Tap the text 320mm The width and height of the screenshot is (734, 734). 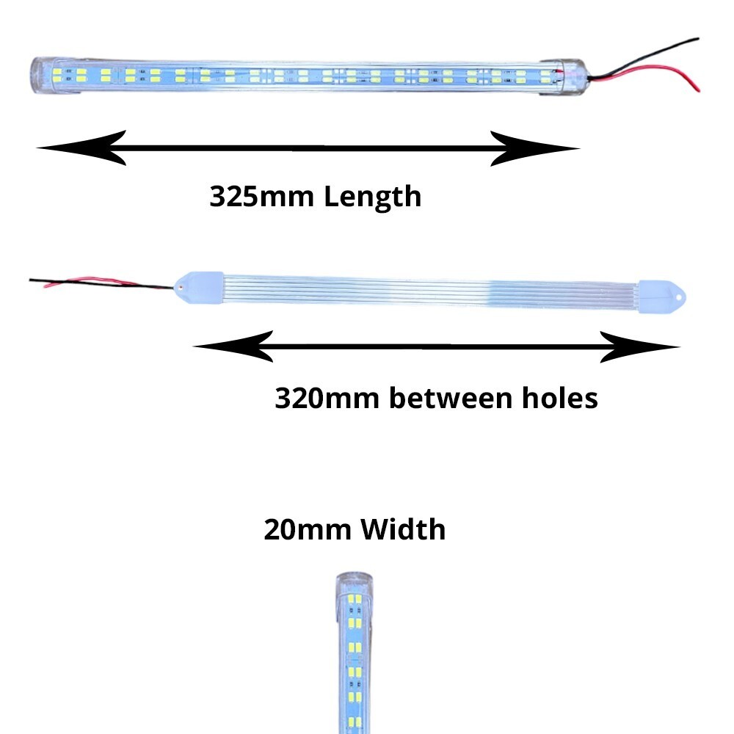pyautogui.click(x=327, y=399)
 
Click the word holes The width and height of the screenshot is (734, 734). pyautogui.click(x=559, y=399)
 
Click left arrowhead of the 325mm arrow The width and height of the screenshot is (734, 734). pyautogui.click(x=81, y=148)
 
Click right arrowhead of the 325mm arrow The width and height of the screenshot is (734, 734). pyautogui.click(x=536, y=148)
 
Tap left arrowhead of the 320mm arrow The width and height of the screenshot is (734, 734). pyautogui.click(x=233, y=346)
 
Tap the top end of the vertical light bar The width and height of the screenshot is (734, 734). pyautogui.click(x=350, y=584)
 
